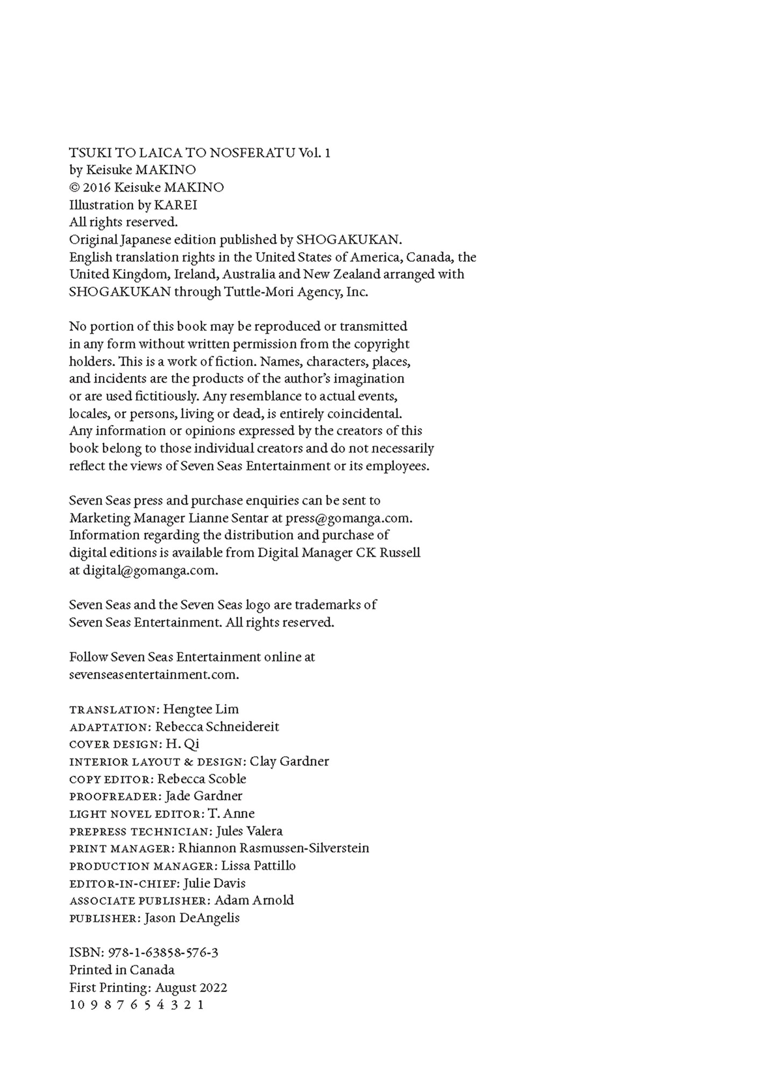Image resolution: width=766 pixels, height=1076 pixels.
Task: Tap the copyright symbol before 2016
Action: (x=75, y=188)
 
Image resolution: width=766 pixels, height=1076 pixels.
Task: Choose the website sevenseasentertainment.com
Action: (x=154, y=675)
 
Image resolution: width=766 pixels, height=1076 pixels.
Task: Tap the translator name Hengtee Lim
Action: (x=201, y=709)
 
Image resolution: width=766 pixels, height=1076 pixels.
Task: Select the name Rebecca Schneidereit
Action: (x=217, y=727)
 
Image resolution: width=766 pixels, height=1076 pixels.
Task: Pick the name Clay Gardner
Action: (x=289, y=761)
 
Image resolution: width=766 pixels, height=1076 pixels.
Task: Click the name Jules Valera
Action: (x=249, y=831)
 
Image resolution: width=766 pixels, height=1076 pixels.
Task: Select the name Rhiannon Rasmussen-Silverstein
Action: (x=274, y=848)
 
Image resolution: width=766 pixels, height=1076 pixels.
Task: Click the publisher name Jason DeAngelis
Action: (x=192, y=918)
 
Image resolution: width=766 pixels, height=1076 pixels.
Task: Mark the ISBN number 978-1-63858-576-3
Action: (x=163, y=953)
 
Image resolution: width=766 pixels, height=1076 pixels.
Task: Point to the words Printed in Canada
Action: (x=122, y=970)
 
